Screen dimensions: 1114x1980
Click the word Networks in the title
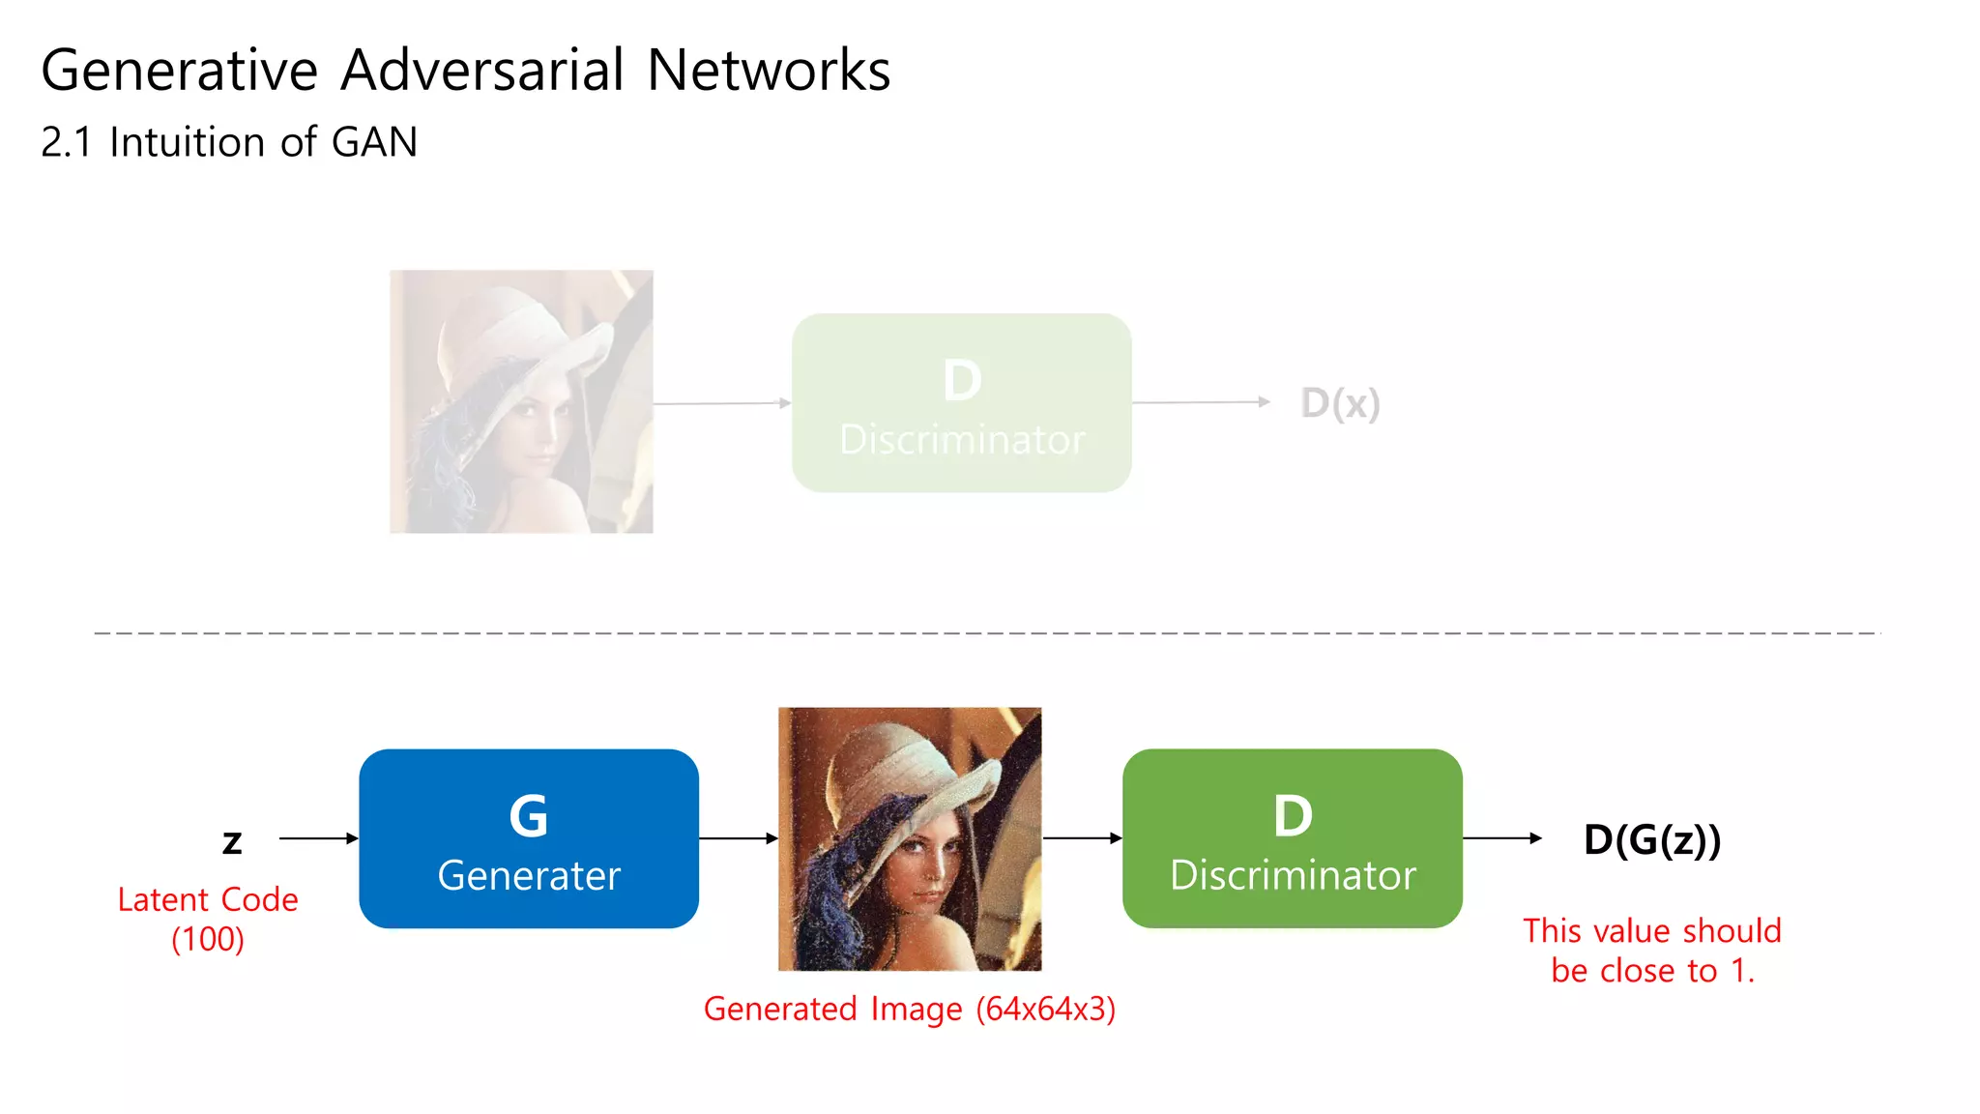pos(769,71)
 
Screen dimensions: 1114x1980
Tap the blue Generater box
pos(529,838)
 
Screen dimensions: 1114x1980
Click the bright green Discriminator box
pos(1292,838)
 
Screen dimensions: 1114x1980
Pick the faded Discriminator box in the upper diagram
pos(961,403)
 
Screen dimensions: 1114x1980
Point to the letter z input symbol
pos(232,841)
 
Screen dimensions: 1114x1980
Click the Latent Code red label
pos(208,899)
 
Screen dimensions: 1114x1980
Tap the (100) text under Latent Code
pos(208,939)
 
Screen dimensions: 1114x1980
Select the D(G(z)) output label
pos(1652,839)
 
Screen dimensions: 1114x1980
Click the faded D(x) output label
pos(1340,403)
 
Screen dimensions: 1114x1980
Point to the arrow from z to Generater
pos(318,838)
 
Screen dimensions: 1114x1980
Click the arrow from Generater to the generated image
pos(738,838)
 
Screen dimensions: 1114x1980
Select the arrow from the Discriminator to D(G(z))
pos(1501,838)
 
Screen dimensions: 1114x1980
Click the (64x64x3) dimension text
pos(1045,1009)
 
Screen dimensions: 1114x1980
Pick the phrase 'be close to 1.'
pos(1652,971)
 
